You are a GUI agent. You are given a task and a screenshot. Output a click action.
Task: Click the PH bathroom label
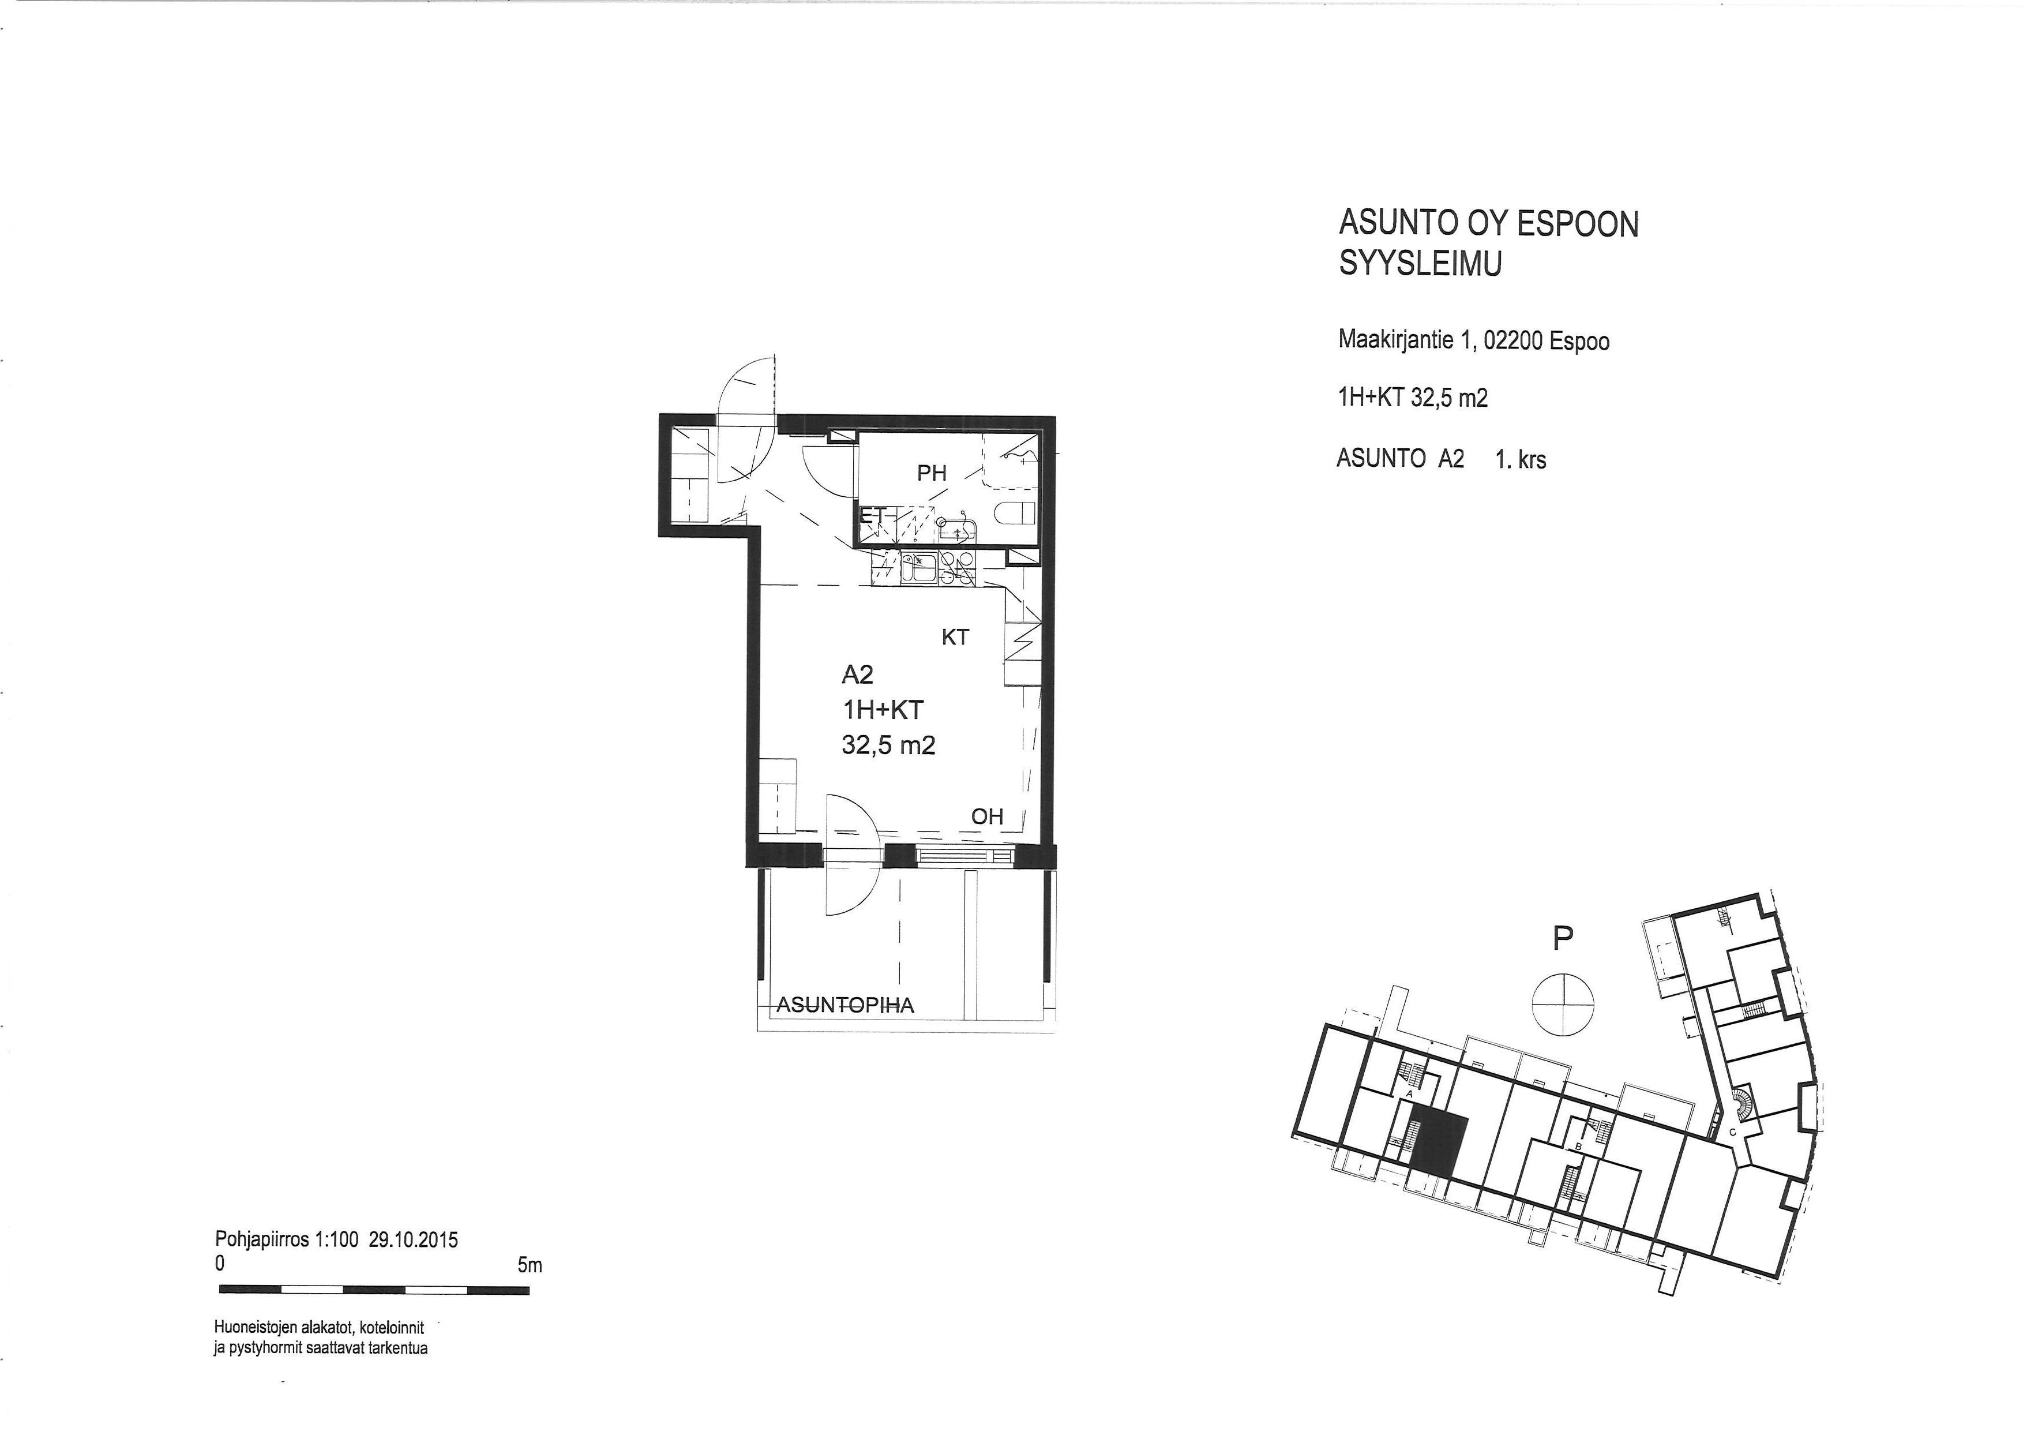pos(932,473)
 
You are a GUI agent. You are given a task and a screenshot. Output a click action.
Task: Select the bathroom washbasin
pos(955,530)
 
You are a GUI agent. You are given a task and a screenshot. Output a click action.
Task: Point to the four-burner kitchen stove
pos(958,568)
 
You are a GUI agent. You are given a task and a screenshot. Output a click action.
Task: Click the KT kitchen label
pos(955,637)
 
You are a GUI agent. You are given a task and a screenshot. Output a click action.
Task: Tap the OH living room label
pos(987,817)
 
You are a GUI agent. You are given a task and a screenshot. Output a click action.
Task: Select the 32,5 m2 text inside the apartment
pos(888,746)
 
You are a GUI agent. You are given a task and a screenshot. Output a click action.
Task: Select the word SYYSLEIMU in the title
pos(1420,264)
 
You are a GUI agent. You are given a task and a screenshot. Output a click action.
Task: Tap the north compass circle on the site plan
pos(1563,1003)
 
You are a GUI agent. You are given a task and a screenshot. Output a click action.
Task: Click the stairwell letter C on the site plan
pos(1732,1132)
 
